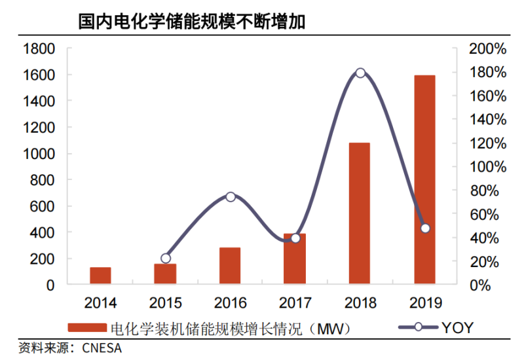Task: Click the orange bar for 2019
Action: click(x=424, y=180)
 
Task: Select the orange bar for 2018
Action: click(x=360, y=213)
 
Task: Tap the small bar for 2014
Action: click(x=100, y=276)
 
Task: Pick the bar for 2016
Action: click(x=230, y=266)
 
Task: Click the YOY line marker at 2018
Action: click(x=360, y=73)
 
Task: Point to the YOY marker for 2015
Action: click(x=166, y=259)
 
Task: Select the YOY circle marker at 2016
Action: click(x=230, y=196)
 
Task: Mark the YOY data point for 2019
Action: click(x=425, y=228)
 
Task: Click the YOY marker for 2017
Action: click(x=295, y=238)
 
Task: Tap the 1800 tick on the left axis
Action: click(x=39, y=48)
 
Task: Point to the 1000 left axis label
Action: click(x=39, y=154)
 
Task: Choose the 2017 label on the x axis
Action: click(x=295, y=303)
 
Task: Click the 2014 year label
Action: click(x=100, y=303)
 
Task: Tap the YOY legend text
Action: click(x=457, y=328)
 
